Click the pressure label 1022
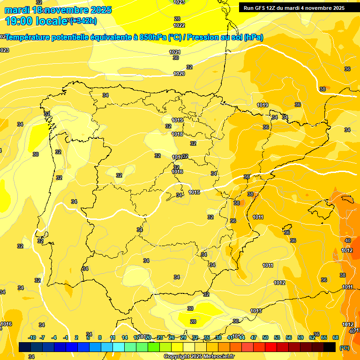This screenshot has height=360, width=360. click(x=179, y=25)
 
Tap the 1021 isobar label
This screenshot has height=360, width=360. click(x=175, y=52)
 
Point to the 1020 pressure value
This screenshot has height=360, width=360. click(x=179, y=74)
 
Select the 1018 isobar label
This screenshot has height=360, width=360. click(x=177, y=134)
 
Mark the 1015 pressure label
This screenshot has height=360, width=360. click(x=195, y=192)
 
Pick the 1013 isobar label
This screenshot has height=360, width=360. click(x=256, y=311)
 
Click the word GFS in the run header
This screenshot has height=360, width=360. click(x=261, y=8)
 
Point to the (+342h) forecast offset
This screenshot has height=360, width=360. click(x=83, y=20)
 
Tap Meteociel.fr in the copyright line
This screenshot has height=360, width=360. click(x=216, y=357)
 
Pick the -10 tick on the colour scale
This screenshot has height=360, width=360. click(x=32, y=337)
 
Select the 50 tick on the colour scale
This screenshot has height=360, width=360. click(x=265, y=337)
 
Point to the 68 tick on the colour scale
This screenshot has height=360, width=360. click(x=336, y=337)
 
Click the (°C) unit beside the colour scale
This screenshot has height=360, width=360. click(x=345, y=348)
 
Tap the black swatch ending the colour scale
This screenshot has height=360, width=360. click(x=330, y=347)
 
